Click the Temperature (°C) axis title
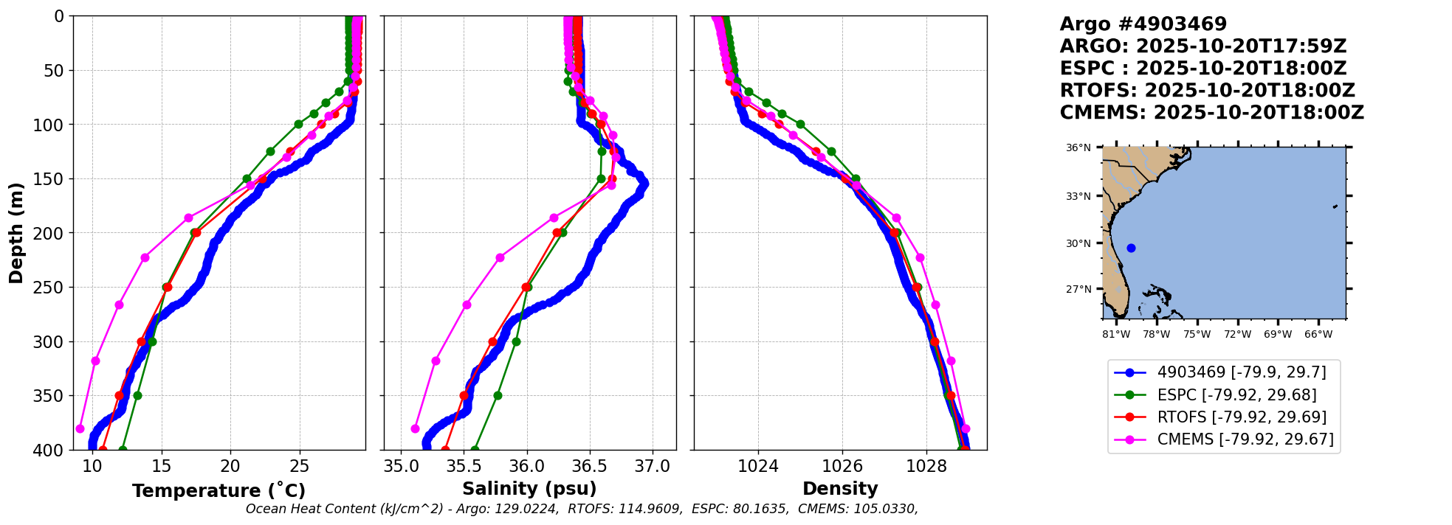point(219,491)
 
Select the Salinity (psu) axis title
point(529,489)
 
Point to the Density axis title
point(840,489)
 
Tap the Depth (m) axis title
point(16,233)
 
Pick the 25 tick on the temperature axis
point(299,467)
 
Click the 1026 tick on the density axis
point(842,467)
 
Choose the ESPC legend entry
point(1236,395)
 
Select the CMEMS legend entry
point(1245,439)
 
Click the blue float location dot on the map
point(1131,248)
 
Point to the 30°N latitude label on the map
point(1078,244)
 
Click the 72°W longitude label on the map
point(1237,335)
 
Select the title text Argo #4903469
point(1143,24)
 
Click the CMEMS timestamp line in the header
point(1211,113)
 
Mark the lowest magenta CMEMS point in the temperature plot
point(80,428)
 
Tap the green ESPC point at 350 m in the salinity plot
point(498,396)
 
